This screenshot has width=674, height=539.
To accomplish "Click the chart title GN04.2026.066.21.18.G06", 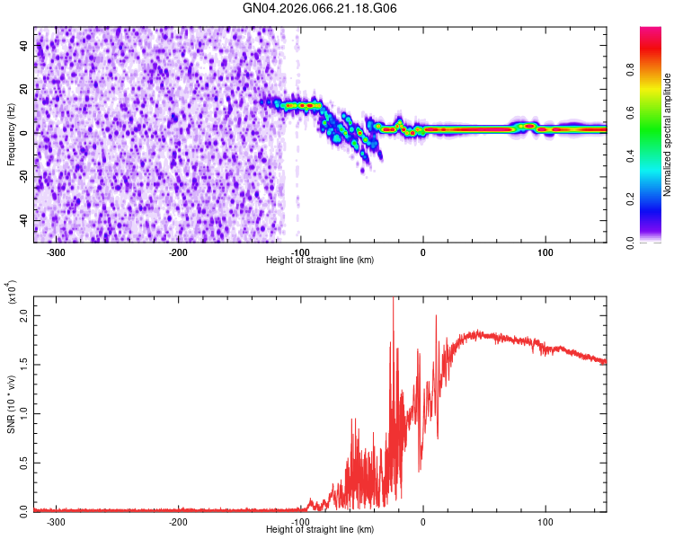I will (x=320, y=8).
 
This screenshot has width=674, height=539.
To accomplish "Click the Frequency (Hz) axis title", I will (x=11, y=135).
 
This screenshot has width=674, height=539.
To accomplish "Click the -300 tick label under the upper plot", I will (x=56, y=252).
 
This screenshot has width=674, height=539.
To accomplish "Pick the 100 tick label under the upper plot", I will (x=545, y=252).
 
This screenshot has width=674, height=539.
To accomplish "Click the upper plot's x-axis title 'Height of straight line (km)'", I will (x=320, y=261).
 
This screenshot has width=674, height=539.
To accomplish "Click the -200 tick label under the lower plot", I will (x=178, y=521).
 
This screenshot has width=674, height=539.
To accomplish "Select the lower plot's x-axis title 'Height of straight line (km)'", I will (x=320, y=530).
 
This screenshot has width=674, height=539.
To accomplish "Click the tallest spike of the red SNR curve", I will (x=393, y=300).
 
